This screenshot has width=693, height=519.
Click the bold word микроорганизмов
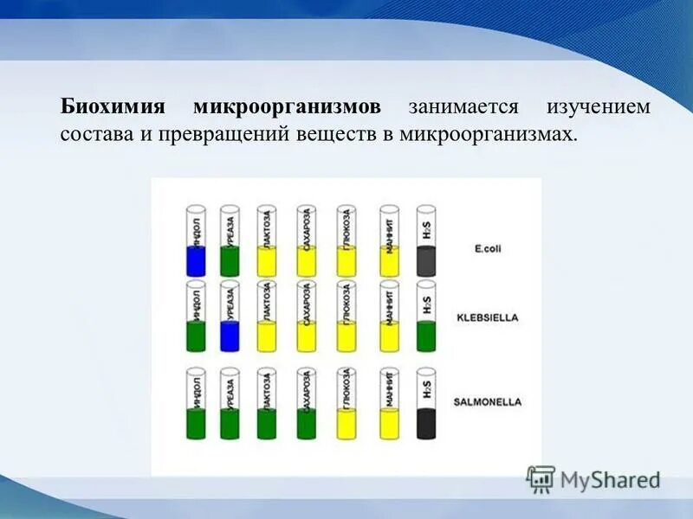point(287,108)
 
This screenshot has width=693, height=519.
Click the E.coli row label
point(488,249)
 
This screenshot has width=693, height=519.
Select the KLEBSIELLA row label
point(487,317)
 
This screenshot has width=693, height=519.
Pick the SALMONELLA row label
point(486,402)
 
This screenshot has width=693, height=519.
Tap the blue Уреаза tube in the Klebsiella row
point(230,334)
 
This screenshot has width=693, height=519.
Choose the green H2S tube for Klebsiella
point(425,334)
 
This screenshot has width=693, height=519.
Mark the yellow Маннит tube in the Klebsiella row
point(389,334)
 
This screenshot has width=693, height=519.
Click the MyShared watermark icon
point(541,478)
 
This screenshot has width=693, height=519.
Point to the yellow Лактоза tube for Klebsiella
point(267,334)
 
